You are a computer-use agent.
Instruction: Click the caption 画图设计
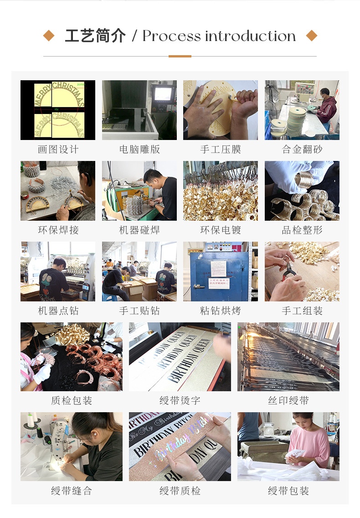tap(58, 150)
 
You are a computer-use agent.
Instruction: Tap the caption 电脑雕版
tap(139, 150)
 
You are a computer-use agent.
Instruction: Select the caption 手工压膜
tap(221, 150)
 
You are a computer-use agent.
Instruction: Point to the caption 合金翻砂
tap(302, 150)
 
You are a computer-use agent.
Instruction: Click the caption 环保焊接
tap(58, 230)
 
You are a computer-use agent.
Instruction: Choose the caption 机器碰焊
tap(139, 230)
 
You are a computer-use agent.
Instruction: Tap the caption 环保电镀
tap(221, 230)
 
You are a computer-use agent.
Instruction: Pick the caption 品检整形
tap(302, 230)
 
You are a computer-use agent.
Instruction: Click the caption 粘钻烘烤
tap(221, 311)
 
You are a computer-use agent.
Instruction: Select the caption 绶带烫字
tap(180, 401)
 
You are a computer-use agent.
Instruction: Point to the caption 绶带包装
tap(288, 491)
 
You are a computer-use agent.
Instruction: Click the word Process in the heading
tap(171, 36)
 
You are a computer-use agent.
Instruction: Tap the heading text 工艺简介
tap(95, 36)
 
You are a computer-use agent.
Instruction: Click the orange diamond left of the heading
tap(49, 36)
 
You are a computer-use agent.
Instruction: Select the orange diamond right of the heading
tap(311, 36)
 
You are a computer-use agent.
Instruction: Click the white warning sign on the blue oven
tap(219, 283)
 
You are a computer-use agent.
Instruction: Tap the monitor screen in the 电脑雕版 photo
tap(163, 93)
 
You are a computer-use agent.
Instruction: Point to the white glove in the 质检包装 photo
tap(42, 373)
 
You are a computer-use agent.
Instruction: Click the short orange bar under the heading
tap(180, 56)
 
